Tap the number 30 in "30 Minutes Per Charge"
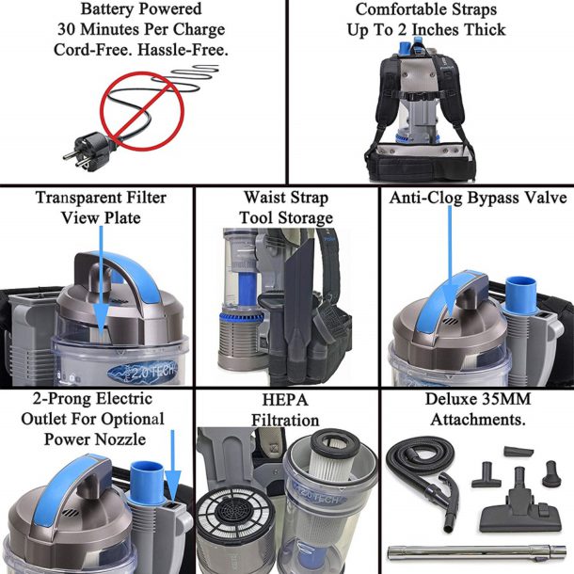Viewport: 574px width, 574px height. (x=67, y=29)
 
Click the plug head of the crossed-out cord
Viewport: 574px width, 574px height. (x=77, y=151)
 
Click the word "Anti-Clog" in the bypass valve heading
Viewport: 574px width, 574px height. (x=431, y=198)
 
